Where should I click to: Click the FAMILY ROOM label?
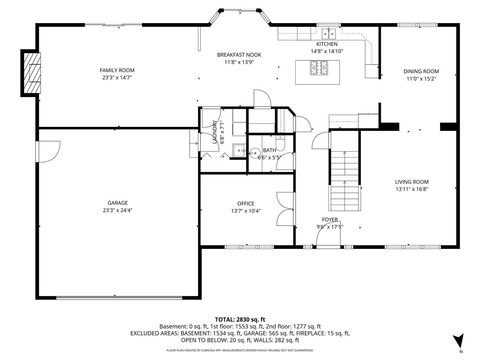coord(116,69)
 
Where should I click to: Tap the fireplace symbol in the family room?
coord(32,74)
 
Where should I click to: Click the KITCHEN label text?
coord(327,44)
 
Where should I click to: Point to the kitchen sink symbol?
coord(326,34)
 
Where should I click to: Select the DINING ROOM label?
coord(421,71)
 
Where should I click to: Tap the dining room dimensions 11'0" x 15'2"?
coord(421,78)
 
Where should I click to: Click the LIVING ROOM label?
coord(411,181)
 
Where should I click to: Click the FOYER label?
coord(330,219)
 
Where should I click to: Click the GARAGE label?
coord(116,203)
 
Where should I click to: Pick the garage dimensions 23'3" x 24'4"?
coord(116,210)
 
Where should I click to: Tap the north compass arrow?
coord(457,340)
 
